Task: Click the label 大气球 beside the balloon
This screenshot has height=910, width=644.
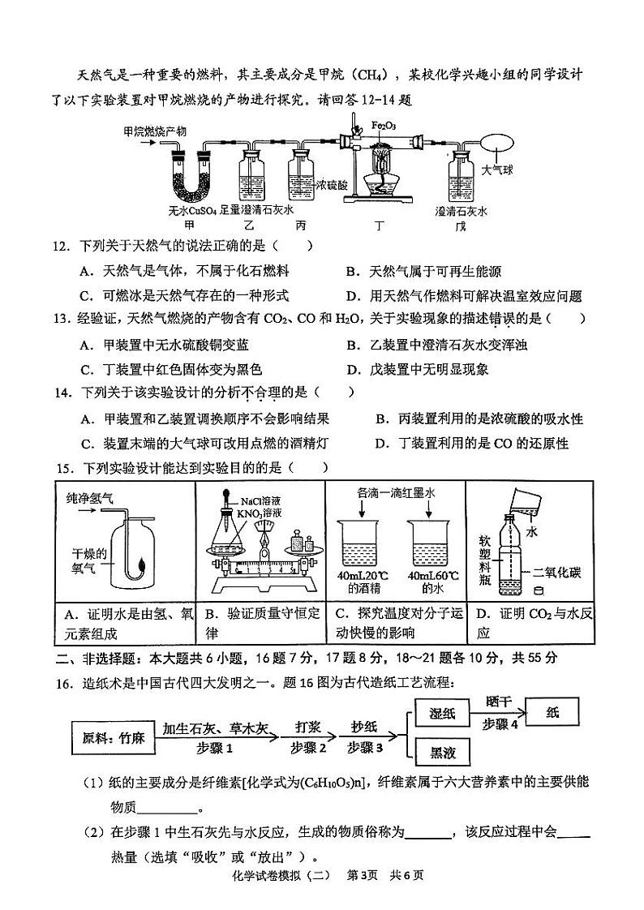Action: (498, 171)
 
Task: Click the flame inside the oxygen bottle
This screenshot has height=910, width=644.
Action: (143, 561)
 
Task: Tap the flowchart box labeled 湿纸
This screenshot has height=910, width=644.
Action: (442, 713)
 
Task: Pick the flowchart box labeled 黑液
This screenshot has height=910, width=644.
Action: (442, 753)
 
